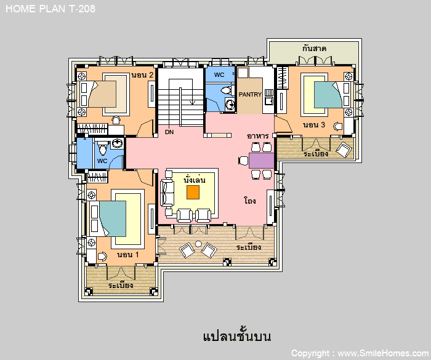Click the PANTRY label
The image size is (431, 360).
[250, 94]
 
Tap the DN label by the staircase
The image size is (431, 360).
[169, 132]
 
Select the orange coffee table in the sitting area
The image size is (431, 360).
[193, 193]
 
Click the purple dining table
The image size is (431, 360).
[262, 161]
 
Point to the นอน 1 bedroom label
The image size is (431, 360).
[128, 255]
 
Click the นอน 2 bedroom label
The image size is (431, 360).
[142, 74]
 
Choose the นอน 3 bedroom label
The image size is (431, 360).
[314, 125]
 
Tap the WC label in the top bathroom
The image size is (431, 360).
[219, 74]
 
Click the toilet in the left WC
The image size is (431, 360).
[103, 148]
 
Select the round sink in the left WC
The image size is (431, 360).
[118, 143]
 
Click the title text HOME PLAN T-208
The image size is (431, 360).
[50, 9]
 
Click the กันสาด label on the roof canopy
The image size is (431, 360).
[314, 49]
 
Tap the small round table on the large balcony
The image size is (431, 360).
[198, 244]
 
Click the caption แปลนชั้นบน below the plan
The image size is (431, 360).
[237, 336]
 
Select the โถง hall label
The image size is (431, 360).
[250, 201]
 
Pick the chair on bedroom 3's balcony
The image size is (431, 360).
[344, 150]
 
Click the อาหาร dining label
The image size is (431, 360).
[257, 136]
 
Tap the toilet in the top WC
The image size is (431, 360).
[227, 90]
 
